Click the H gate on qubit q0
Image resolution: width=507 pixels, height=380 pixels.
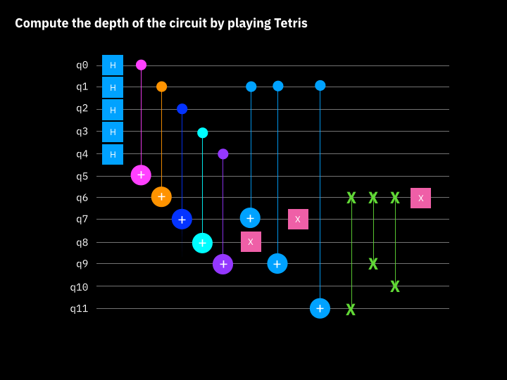[113, 65]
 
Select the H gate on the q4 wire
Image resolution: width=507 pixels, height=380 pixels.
[113, 154]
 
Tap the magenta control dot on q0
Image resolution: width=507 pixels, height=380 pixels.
[141, 65]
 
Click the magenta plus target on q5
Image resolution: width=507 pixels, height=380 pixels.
[141, 175]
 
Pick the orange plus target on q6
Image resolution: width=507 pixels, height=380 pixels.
[161, 197]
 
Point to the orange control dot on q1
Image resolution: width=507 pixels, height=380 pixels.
[161, 87]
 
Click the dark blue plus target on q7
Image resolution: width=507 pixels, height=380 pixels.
[182, 220]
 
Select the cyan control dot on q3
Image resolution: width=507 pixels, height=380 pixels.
[202, 132]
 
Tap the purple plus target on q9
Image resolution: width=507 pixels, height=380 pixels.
[223, 264]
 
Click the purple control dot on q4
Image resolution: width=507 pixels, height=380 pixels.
[223, 153]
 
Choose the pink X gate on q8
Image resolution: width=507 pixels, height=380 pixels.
[251, 241]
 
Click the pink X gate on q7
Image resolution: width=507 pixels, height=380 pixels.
[298, 219]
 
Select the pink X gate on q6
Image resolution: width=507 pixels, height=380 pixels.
[420, 198]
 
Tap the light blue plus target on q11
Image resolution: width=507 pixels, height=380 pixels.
[320, 308]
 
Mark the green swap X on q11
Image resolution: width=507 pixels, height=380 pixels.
[351, 309]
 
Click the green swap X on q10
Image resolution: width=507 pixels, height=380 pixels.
[395, 286]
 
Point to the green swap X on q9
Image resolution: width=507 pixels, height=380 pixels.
[373, 264]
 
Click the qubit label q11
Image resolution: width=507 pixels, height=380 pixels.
[79, 308]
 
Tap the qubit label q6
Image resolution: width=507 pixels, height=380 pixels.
[82, 198]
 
